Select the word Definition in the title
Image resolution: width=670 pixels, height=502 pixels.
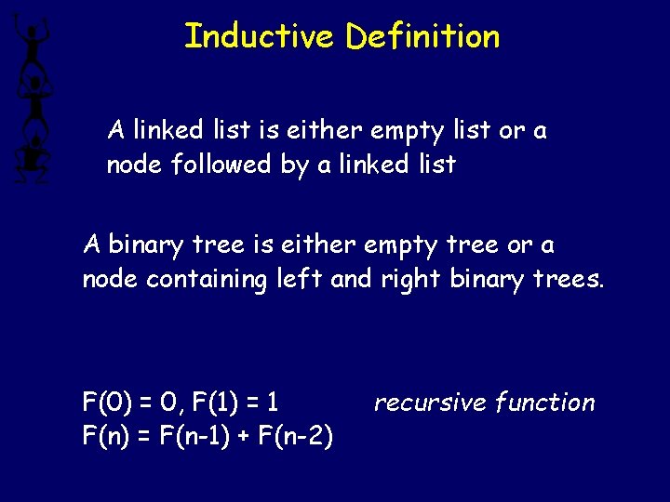click(x=423, y=36)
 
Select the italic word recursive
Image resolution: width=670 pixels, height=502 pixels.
click(x=430, y=403)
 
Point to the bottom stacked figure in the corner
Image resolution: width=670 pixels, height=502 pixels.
click(x=32, y=156)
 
